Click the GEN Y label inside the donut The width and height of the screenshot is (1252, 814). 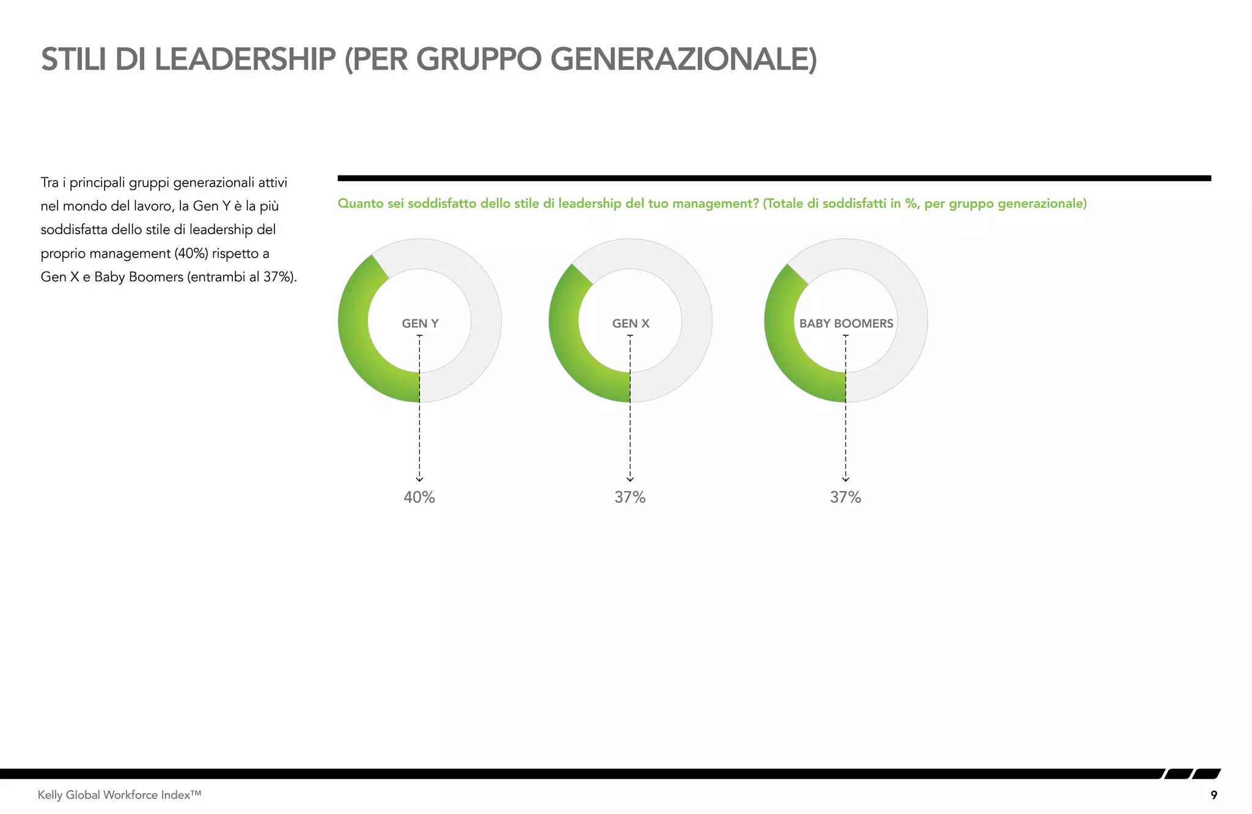pos(420,324)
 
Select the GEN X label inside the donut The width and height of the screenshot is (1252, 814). pos(630,324)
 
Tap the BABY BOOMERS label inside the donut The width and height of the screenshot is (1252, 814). pos(846,324)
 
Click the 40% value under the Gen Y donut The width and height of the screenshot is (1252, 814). pos(419,497)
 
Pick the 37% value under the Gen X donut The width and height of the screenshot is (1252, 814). pos(630,497)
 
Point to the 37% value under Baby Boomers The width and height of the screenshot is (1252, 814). pos(845,497)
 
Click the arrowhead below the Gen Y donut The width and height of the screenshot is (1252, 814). pos(419,479)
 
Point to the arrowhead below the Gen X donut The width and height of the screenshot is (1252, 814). pos(630,479)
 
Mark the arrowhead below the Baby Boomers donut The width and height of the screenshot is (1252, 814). pos(845,479)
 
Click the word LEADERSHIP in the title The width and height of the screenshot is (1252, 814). pos(245,59)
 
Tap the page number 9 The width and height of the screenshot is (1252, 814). pos(1213,795)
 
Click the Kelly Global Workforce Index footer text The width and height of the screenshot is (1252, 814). pos(119,795)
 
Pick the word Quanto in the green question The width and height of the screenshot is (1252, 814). pos(361,204)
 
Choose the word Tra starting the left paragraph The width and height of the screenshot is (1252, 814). pos(50,183)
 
